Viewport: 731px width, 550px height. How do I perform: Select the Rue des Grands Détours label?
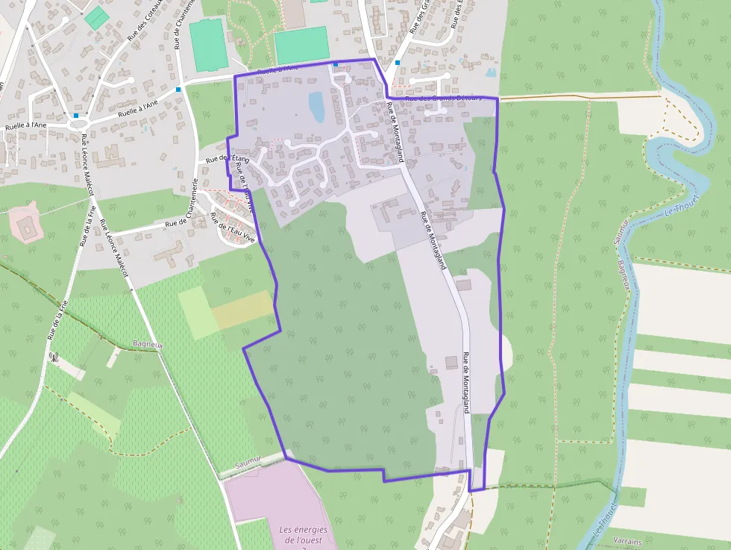pyautogui.click(x=441, y=98)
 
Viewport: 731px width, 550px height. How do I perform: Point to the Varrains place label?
pyautogui.click(x=626, y=539)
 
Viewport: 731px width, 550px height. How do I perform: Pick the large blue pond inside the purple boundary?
pyautogui.click(x=317, y=107)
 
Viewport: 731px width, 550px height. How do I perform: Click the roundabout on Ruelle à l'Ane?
pyautogui.click(x=77, y=122)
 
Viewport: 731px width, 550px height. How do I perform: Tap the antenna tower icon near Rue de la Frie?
pyautogui.click(x=54, y=356)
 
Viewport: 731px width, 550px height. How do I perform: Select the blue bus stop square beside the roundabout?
pyautogui.click(x=76, y=116)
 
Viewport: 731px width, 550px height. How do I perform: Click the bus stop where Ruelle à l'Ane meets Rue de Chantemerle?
pyautogui.click(x=178, y=90)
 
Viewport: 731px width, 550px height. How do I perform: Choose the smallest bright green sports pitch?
pyautogui.click(x=95, y=17)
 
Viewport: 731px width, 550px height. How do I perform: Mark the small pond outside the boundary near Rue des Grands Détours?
pyautogui.click(x=490, y=73)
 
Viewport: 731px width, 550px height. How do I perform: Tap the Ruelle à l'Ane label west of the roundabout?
pyautogui.click(x=25, y=125)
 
